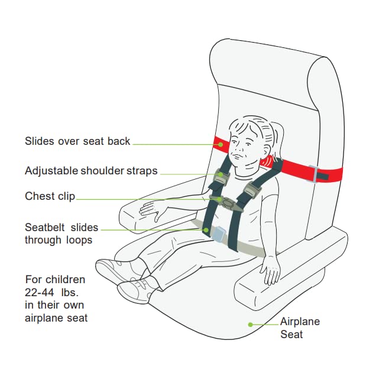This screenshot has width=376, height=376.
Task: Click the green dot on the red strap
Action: point(221,144)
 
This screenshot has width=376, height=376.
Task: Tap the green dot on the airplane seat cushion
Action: point(250,325)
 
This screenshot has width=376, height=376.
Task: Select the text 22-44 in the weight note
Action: point(40,292)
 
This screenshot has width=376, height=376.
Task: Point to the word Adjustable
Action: point(51,171)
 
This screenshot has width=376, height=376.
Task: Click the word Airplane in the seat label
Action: point(300,322)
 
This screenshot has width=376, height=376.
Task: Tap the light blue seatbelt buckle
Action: point(219,234)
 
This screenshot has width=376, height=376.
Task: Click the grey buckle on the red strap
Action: point(313,174)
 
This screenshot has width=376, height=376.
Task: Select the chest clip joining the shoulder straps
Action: point(226,203)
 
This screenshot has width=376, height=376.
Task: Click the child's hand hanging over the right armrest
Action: point(271,271)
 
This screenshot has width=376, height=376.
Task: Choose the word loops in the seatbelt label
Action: point(79,240)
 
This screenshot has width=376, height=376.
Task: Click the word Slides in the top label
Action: point(40,141)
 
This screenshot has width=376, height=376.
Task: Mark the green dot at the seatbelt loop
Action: point(206,230)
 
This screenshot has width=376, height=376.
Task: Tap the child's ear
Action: point(266,151)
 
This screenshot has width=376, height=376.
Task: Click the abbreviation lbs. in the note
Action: point(70,292)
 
